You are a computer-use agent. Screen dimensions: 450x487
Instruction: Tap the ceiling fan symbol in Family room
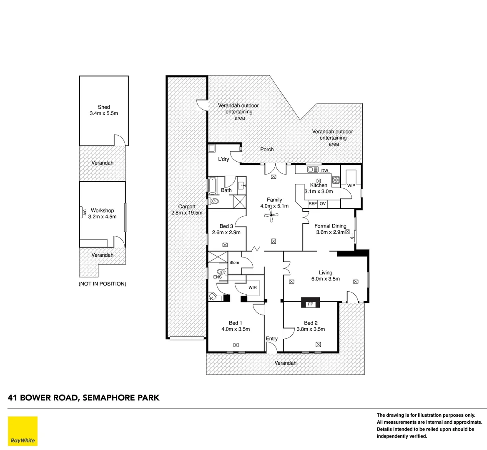tap(273, 215)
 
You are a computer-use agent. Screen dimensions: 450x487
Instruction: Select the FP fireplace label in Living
tap(310, 304)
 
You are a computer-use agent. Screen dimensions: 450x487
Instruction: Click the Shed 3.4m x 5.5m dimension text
tap(104, 113)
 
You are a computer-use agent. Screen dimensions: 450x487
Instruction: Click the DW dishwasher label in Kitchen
tap(325, 170)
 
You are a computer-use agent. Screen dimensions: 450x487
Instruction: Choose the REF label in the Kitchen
tap(313, 204)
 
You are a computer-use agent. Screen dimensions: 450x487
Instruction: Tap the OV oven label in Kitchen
tap(323, 204)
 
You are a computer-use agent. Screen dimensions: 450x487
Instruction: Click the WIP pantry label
tap(351, 185)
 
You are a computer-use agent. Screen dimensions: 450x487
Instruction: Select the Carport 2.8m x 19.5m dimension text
tap(187, 212)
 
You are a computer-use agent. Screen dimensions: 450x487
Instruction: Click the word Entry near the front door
tap(271, 338)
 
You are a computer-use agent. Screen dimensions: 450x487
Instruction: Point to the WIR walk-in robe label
tap(253, 287)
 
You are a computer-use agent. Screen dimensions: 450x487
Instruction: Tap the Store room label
tap(234, 262)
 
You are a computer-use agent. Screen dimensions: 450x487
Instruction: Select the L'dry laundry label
tap(223, 159)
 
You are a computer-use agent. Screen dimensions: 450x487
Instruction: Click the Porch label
tap(267, 149)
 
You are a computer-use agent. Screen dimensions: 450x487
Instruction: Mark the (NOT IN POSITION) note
tap(102, 284)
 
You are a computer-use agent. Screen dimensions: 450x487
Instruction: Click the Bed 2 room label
tap(311, 323)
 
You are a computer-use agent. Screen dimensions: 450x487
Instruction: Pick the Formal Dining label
tap(330, 226)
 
